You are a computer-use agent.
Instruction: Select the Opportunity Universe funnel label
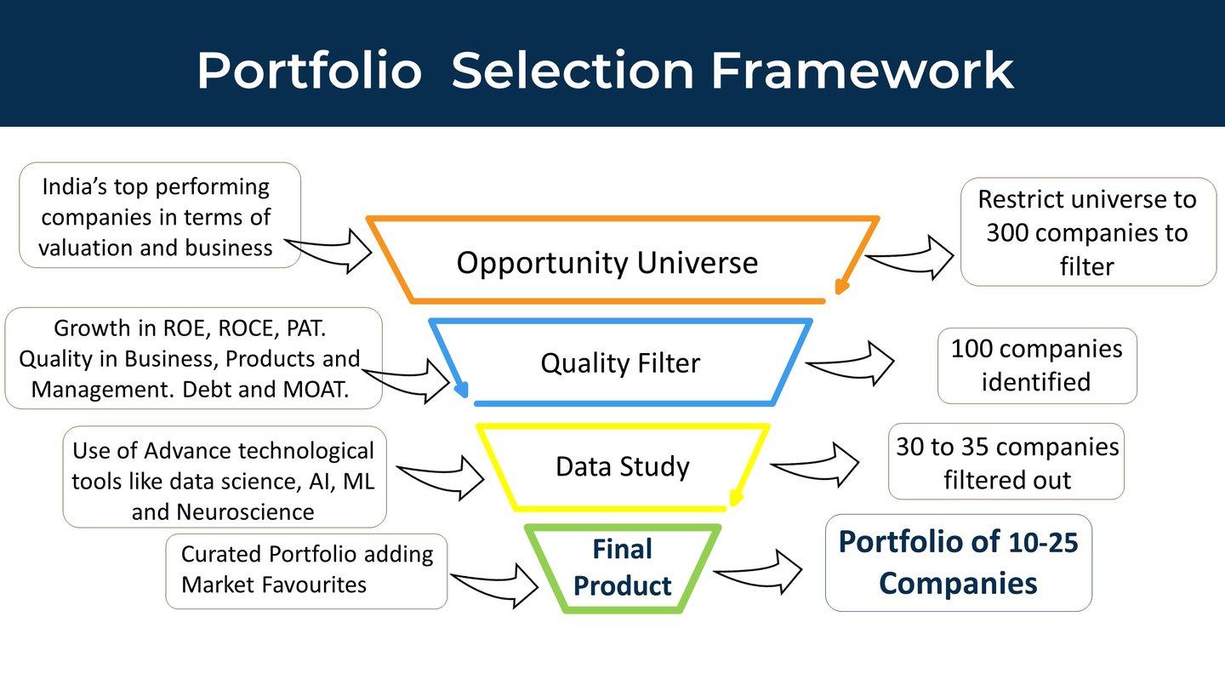pos(607,263)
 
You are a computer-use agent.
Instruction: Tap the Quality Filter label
pos(620,362)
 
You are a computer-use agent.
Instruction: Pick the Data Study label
pos(623,466)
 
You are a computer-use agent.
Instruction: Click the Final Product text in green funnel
pos(623,568)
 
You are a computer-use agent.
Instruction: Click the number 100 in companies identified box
pos(971,349)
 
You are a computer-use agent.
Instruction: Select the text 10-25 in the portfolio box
pos(1043,543)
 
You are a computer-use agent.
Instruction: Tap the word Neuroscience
pos(245,512)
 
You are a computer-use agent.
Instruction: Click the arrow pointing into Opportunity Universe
pos(328,250)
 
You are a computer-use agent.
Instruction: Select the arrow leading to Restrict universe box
pos(909,257)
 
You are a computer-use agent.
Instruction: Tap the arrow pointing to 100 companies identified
pos(850,364)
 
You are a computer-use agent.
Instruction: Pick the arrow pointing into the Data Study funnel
pos(441,477)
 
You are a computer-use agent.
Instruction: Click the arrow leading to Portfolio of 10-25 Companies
pos(758,572)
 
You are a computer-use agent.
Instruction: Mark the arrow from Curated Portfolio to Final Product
pos(494,586)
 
